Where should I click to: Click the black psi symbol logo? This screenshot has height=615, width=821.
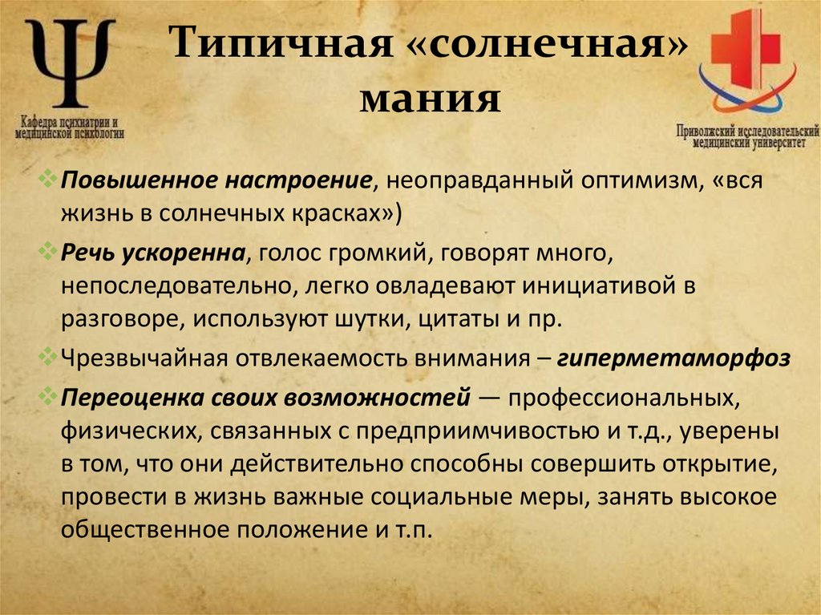point(71,63)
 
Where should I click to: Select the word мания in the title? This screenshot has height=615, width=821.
point(431,100)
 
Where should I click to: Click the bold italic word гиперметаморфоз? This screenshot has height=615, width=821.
point(673,358)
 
